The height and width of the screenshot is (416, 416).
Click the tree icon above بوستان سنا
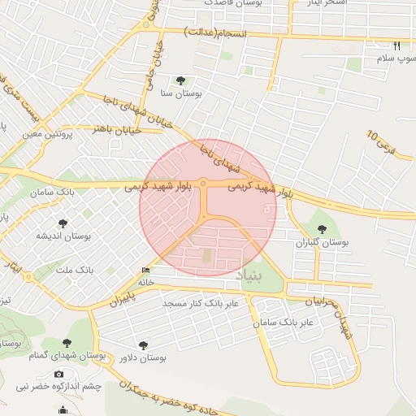[180, 80]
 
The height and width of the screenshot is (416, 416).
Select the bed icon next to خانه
[145, 271]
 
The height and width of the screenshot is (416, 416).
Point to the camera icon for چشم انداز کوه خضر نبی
[58, 374]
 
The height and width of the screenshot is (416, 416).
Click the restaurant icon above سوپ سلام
[396, 45]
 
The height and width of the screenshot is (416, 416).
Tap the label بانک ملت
[79, 268]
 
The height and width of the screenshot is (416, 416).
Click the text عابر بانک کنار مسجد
[201, 303]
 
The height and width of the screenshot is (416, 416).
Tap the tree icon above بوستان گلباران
[322, 229]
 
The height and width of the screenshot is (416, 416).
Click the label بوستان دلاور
[143, 357]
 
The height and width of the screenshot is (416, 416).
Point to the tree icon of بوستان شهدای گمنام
[67, 344]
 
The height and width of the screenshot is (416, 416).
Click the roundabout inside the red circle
[203, 186]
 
